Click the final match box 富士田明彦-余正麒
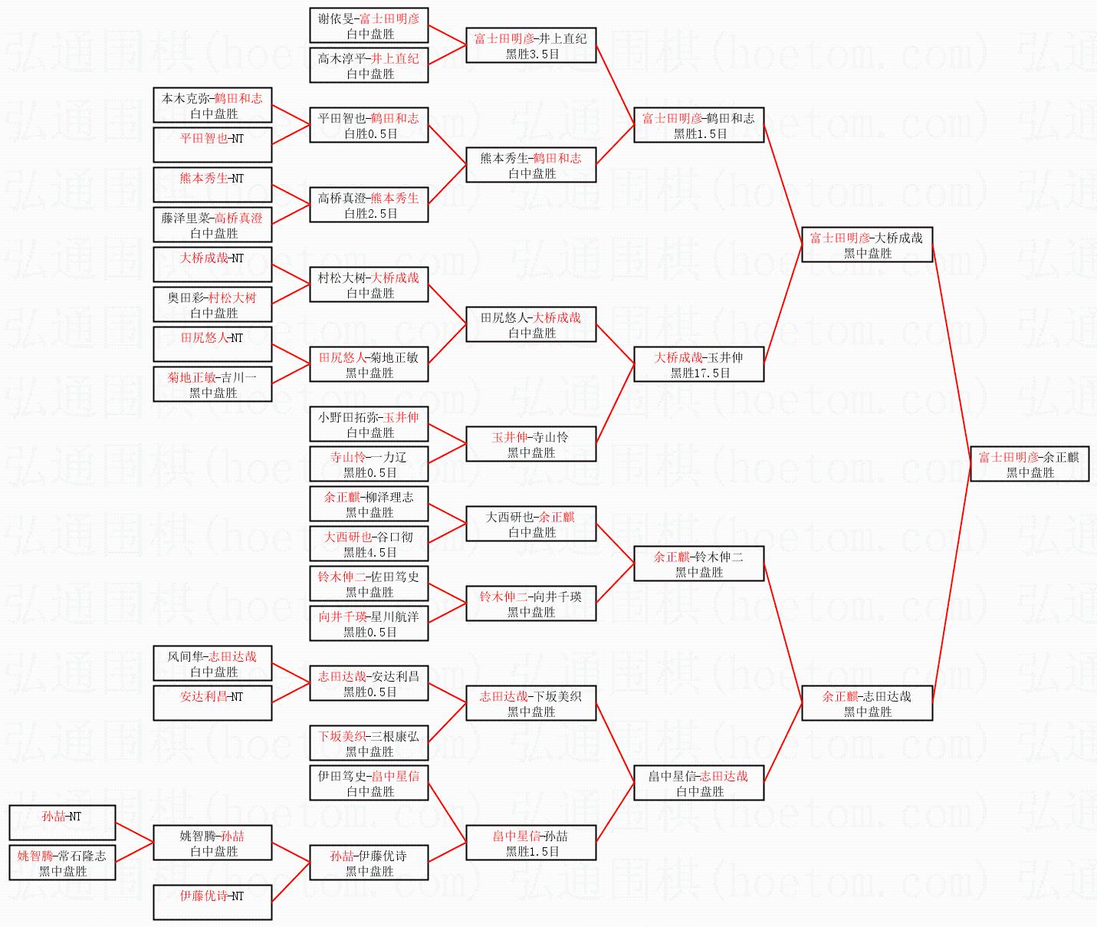1030,463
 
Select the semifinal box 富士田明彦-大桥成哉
867,245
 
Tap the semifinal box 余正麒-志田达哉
867,703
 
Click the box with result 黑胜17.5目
699,364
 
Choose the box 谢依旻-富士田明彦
369,25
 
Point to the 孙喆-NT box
62,823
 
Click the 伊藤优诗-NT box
212,902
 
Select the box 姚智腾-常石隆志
62,863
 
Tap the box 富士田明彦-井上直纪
530,45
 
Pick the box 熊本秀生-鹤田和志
530,165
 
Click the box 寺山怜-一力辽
369,464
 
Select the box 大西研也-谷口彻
369,544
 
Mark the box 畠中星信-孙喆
530,843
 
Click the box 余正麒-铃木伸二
699,564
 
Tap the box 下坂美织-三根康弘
369,743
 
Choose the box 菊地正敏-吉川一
212,384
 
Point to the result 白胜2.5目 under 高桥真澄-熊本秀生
371,213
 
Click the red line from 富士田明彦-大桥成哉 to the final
951,354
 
